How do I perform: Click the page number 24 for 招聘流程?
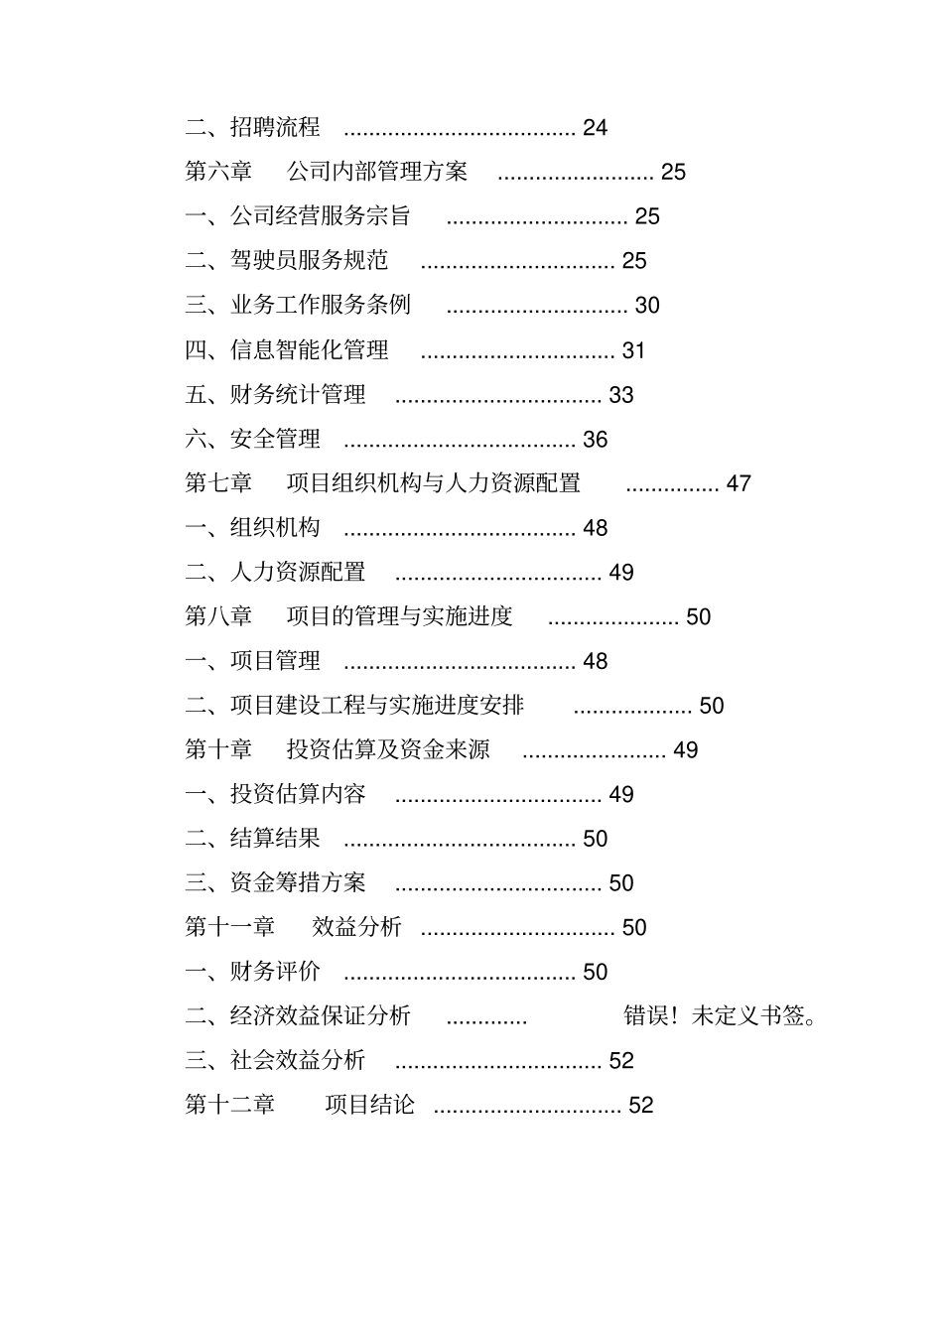coord(595,128)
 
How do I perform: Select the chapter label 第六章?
coord(218,172)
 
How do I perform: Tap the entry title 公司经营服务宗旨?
coord(321,216)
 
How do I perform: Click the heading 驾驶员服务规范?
coord(309,261)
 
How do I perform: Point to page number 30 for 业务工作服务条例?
coord(647,306)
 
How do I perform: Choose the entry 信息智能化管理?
coord(309,350)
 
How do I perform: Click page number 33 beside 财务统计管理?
coord(621,395)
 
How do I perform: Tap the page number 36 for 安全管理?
coord(595,440)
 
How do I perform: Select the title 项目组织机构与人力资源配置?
coord(434,483)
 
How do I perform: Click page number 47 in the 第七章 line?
coord(739,483)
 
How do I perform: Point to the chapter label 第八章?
coord(218,616)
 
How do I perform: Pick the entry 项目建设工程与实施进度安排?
coord(377,706)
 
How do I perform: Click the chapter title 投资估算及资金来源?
coord(388,749)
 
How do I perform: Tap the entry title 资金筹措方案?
coord(298,883)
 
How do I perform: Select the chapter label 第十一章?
coord(229,927)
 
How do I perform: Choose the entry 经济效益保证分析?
coord(321,1016)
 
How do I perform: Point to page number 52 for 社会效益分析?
coord(621,1061)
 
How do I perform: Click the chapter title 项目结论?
coord(369,1105)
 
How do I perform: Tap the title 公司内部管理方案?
coord(377,172)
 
